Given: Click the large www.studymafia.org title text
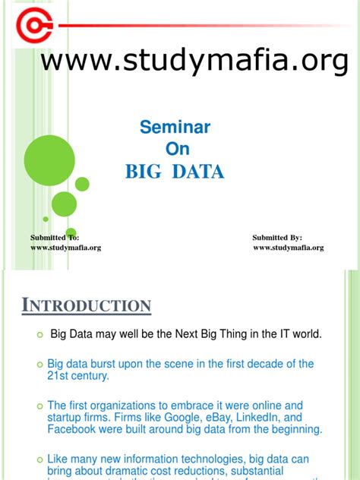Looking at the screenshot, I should click(x=194, y=62).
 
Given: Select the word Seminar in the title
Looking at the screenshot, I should click(x=175, y=127).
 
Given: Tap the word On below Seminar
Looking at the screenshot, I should click(x=175, y=148).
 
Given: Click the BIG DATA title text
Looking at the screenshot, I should click(x=175, y=172).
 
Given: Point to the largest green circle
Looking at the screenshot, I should click(x=49, y=159).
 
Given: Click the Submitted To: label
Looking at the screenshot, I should click(x=55, y=238).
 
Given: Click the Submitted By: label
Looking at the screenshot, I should click(x=277, y=238).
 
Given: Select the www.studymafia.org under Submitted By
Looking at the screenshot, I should click(x=288, y=248).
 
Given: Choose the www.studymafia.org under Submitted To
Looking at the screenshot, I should click(x=65, y=248).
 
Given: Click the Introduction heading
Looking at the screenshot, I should click(x=86, y=306).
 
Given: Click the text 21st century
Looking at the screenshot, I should click(x=78, y=376).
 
